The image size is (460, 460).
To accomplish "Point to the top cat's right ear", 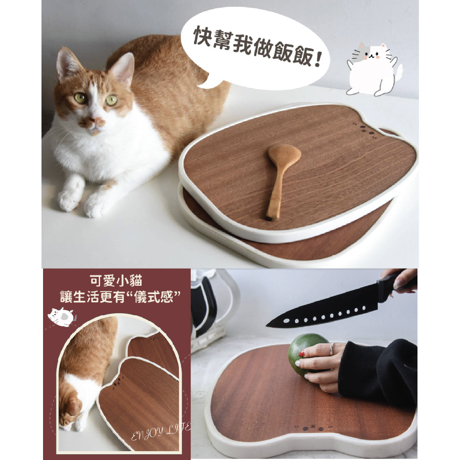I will click(x=124, y=66).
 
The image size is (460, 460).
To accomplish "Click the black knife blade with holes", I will click(x=324, y=311).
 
